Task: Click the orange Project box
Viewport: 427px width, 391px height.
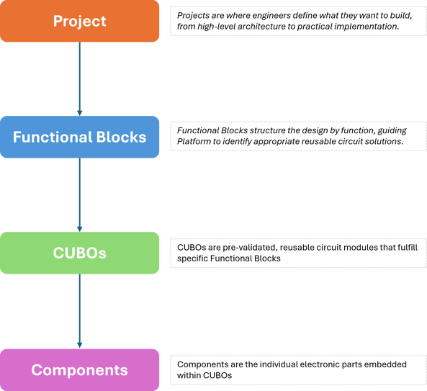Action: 79,21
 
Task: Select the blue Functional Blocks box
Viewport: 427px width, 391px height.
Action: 79,137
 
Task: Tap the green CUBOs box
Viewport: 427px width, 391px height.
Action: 79,253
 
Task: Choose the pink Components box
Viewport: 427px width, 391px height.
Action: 79,370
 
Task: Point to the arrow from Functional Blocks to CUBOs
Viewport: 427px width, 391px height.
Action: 79,194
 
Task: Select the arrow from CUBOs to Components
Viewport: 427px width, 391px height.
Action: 79,311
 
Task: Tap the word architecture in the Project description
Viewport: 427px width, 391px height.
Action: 280,26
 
